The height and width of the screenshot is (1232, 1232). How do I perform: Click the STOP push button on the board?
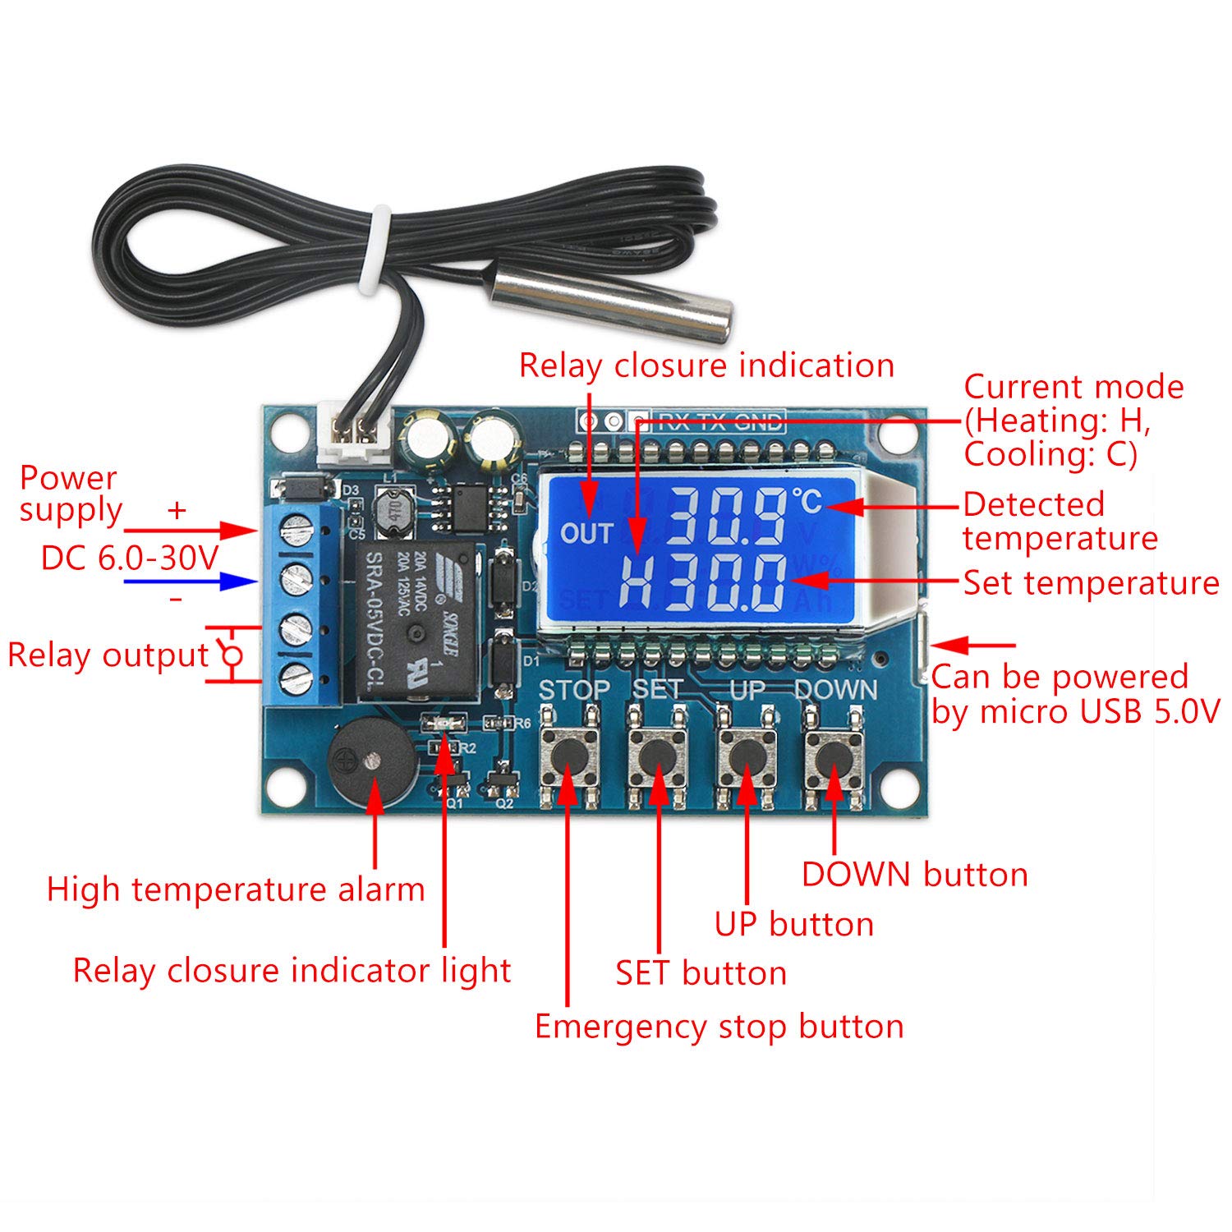click(x=568, y=753)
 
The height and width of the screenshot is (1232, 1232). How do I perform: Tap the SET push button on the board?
click(x=657, y=753)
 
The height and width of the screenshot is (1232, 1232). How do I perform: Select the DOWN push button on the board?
click(x=834, y=753)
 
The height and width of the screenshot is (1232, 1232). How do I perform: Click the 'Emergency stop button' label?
click(x=719, y=1027)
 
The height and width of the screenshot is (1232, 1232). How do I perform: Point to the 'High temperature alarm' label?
click(x=236, y=890)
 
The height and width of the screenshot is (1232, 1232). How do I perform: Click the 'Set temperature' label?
click(x=1091, y=583)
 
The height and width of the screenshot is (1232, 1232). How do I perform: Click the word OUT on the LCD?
click(x=586, y=534)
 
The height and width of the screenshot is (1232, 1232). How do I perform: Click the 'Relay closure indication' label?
click(x=706, y=365)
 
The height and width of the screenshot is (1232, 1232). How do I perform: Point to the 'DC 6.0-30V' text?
click(x=130, y=559)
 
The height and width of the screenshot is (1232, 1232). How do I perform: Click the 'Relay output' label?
click(x=108, y=655)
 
